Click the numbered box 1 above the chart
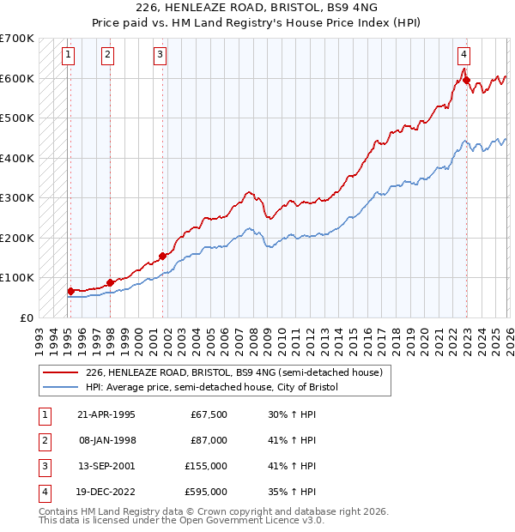coord(68,56)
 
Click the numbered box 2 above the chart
coord(107,56)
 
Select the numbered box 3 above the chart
coord(161,56)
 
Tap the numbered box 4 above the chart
coord(463,56)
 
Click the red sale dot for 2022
coord(467,81)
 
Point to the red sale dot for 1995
coord(70,291)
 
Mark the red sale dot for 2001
coord(162,256)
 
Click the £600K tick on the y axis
coord(17,78)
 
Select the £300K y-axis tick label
coord(17,198)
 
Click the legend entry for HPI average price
coord(212,387)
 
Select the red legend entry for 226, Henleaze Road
coord(239,372)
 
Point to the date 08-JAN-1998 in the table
coord(106,439)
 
